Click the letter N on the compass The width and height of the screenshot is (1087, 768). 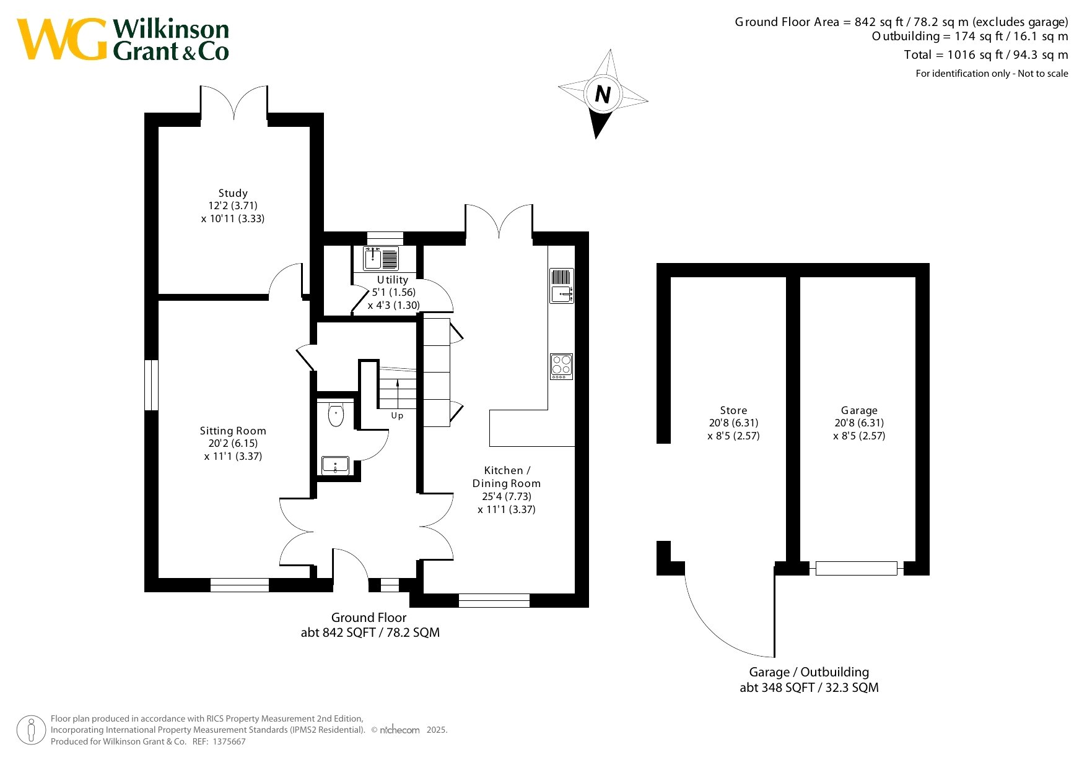point(603,94)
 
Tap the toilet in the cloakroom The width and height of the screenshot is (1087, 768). point(336,415)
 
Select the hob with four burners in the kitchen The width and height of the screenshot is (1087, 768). point(562,366)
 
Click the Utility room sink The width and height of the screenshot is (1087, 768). point(381,258)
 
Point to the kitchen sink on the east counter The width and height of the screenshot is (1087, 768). point(562,285)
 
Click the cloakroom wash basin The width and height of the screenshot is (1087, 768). point(335,465)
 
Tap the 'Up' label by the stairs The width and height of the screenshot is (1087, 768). point(397,415)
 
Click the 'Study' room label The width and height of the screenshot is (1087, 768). point(233,193)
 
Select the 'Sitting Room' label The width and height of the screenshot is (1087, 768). point(233,431)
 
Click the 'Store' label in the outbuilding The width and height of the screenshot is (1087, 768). point(733,410)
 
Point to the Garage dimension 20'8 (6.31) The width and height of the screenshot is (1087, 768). point(859,423)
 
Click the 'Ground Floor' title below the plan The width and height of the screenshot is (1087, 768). point(369,618)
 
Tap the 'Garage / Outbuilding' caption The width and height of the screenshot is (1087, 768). point(809,672)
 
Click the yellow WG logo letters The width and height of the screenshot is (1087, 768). point(62,39)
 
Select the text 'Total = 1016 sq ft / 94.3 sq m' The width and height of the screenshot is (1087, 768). point(986,54)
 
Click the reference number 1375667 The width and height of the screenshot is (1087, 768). point(229,741)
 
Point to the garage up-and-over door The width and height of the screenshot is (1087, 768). point(856,567)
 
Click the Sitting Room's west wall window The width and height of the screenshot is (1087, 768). point(151,385)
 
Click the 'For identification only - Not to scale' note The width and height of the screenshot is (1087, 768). point(992,73)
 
